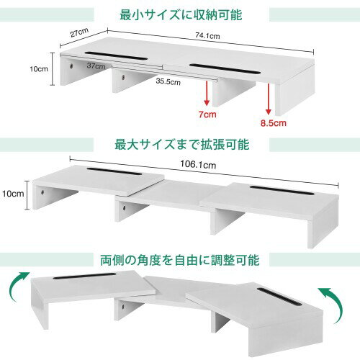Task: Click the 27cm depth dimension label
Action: (x=79, y=32)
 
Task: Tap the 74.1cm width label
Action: (x=207, y=36)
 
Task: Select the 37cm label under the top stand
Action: (x=96, y=66)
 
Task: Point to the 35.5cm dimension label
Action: (x=168, y=81)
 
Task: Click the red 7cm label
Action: (x=207, y=114)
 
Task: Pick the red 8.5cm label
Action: (x=274, y=123)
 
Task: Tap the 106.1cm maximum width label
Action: (x=198, y=164)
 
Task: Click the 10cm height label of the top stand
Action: (x=39, y=69)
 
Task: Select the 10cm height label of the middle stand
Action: (x=13, y=194)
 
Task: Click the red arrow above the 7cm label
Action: (x=207, y=93)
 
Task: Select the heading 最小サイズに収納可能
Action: (x=181, y=15)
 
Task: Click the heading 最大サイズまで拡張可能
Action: (x=181, y=145)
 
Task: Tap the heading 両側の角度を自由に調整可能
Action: (x=180, y=260)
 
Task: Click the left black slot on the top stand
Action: (x=116, y=56)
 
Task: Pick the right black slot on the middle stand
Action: (x=282, y=190)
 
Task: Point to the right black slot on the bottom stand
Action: (x=279, y=297)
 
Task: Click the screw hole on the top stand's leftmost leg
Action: (x=71, y=66)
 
